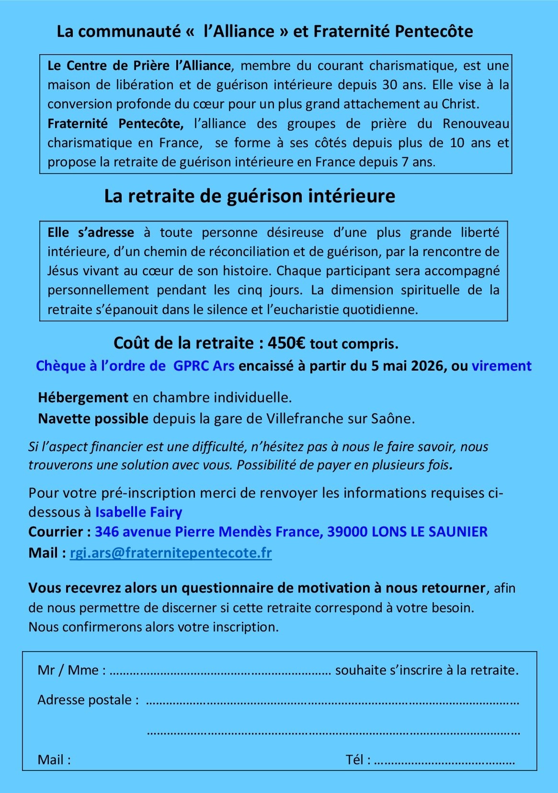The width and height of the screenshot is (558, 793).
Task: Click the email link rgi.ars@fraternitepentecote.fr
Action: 171,553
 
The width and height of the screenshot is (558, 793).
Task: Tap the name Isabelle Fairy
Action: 138,512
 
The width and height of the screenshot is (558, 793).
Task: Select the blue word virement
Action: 501,366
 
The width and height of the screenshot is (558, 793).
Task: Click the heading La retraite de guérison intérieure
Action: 250,196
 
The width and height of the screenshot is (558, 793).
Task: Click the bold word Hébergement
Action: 83,397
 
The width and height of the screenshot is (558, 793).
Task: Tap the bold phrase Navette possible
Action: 93,419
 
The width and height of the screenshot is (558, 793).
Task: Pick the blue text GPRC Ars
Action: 204,366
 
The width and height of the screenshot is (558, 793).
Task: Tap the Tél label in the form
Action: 358,759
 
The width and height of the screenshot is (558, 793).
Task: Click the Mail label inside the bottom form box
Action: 54,759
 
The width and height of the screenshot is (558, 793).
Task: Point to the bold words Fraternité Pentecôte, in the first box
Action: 115,124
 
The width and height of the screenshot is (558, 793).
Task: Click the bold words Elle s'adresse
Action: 91,233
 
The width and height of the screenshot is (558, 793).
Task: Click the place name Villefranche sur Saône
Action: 340,419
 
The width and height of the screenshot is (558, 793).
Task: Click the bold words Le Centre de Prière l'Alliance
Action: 139,66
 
